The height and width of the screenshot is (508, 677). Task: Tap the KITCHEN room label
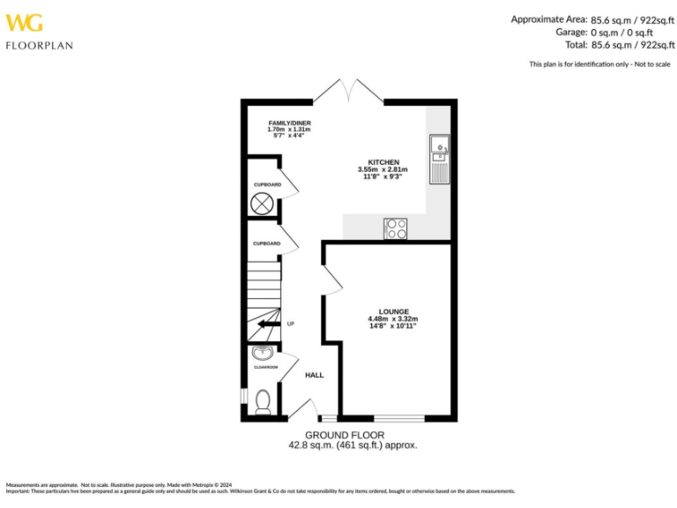(x=383, y=162)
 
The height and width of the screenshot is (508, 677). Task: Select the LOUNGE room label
(x=393, y=312)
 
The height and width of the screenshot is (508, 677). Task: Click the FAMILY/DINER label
(x=289, y=123)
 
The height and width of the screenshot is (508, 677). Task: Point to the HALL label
(x=314, y=375)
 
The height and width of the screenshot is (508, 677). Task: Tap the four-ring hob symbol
(x=396, y=228)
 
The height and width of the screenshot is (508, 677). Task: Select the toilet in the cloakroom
(x=262, y=401)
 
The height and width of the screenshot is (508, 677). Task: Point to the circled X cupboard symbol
(x=262, y=204)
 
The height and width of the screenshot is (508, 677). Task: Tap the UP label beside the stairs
(x=290, y=325)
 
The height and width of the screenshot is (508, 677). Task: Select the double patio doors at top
(x=350, y=90)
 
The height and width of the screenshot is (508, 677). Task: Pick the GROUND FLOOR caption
(x=345, y=436)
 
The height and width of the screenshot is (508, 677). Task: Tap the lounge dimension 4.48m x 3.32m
(x=393, y=319)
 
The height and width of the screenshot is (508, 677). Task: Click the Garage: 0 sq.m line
(x=608, y=32)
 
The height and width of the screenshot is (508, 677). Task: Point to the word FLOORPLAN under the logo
(x=40, y=45)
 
